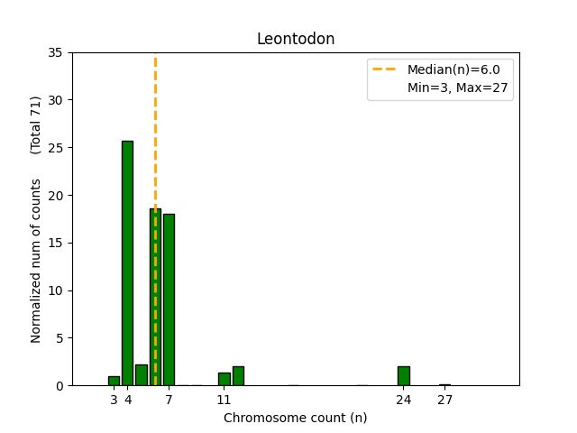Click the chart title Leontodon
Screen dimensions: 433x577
click(296, 39)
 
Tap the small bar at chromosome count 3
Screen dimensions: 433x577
click(114, 381)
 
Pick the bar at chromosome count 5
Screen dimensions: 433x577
click(142, 375)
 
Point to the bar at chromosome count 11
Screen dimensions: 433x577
click(224, 379)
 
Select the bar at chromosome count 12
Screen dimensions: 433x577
click(238, 376)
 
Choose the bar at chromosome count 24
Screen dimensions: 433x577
click(403, 376)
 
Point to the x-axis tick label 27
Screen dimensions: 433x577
click(444, 400)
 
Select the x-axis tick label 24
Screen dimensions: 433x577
click(403, 400)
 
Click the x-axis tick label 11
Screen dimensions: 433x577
click(224, 400)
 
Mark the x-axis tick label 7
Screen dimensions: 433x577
click(169, 400)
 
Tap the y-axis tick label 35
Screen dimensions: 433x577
click(56, 52)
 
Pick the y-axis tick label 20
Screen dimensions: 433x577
click(56, 195)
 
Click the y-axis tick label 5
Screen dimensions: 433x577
click(60, 338)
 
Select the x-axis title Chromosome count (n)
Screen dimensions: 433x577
click(296, 418)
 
